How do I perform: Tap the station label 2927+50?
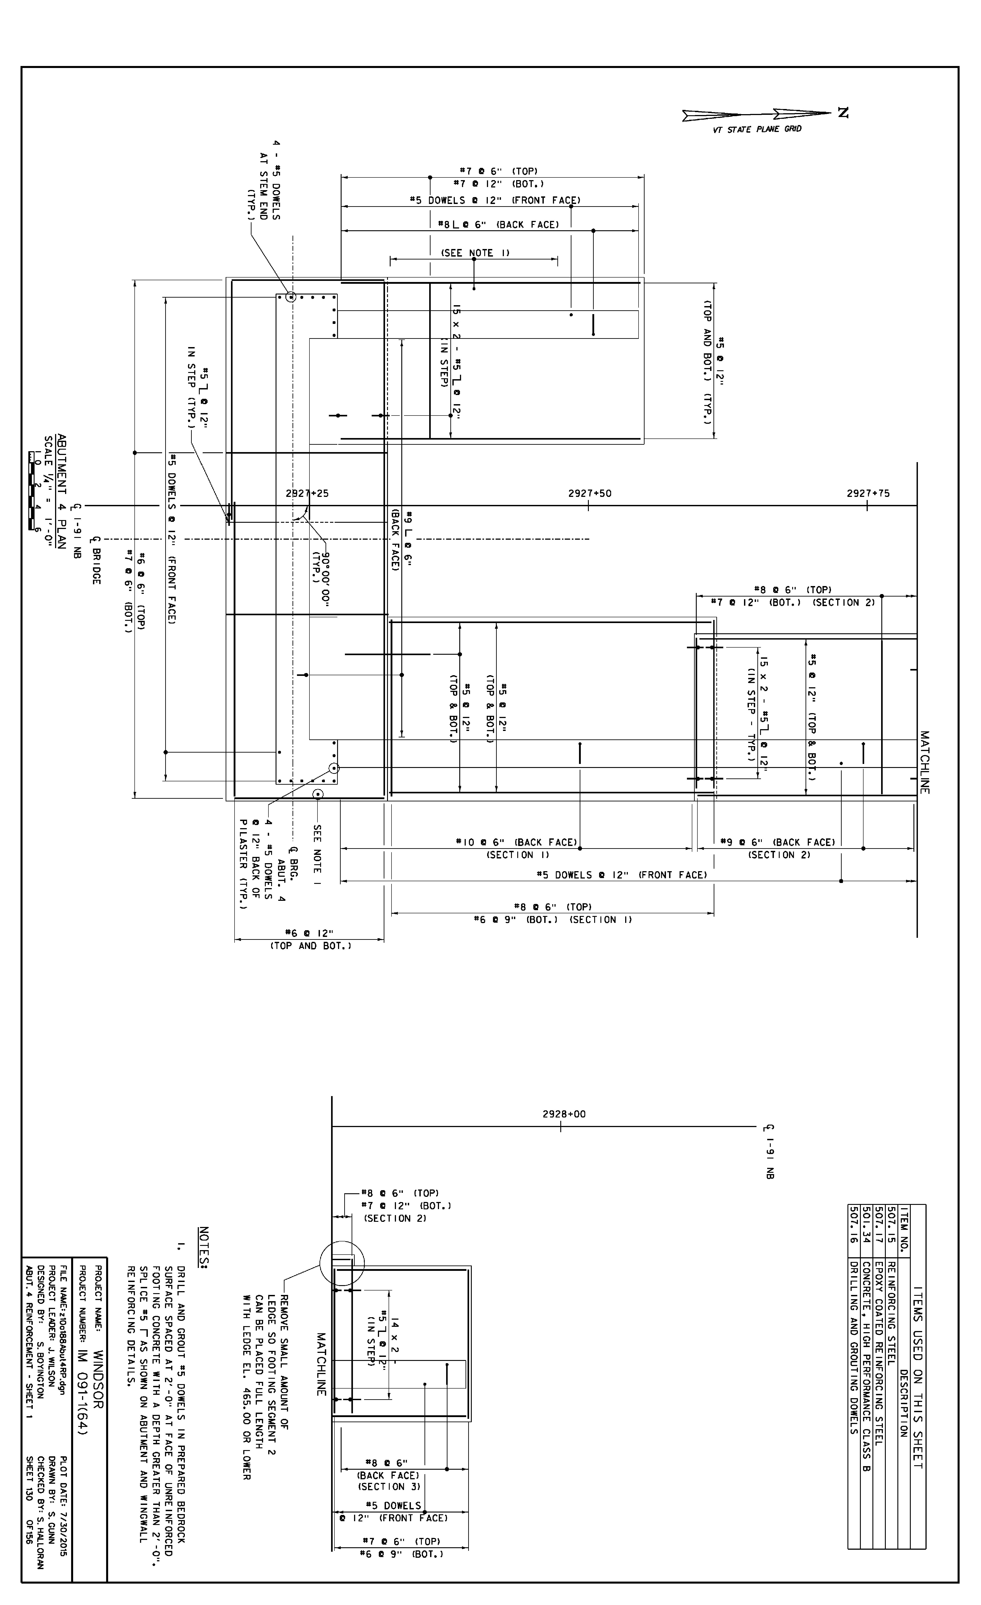[589, 493]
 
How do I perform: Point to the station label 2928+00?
[564, 1114]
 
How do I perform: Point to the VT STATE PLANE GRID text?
[757, 129]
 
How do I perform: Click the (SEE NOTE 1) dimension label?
[476, 253]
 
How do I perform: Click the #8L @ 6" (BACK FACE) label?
[499, 225]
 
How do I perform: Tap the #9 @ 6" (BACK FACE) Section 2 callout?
[778, 842]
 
